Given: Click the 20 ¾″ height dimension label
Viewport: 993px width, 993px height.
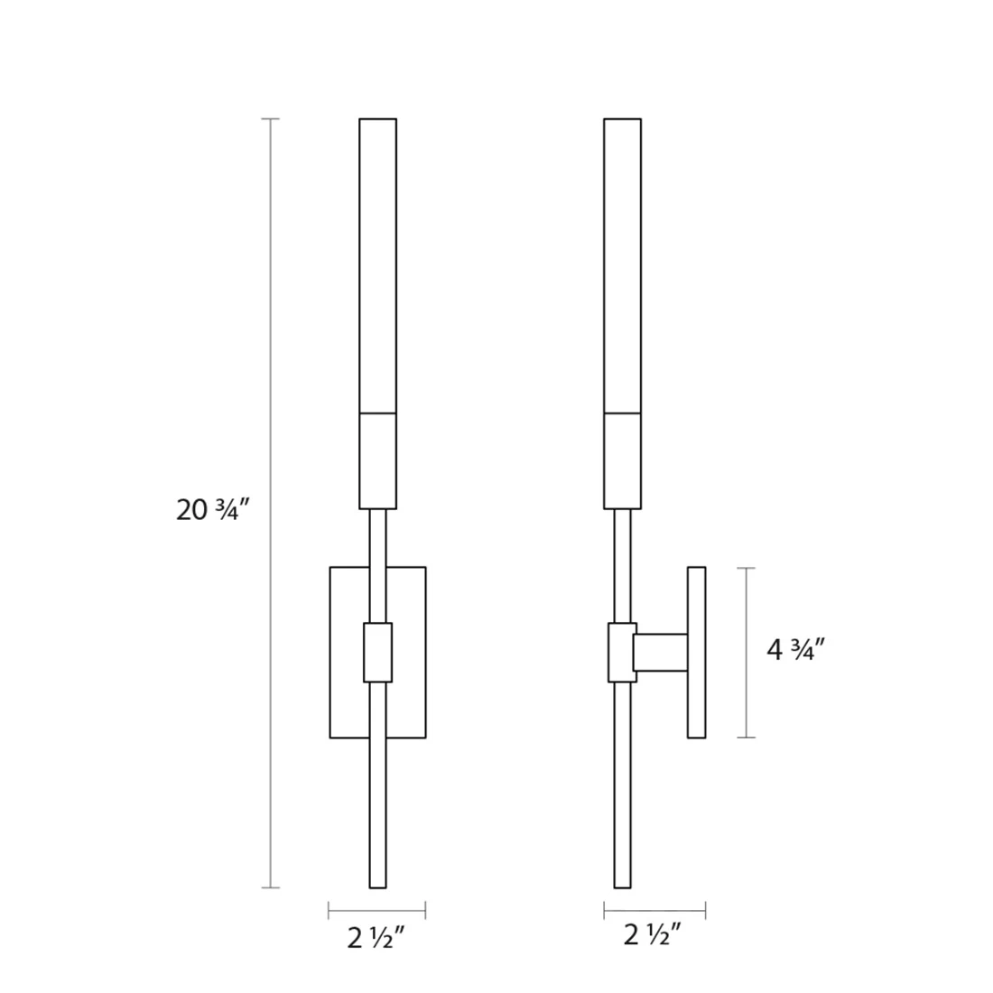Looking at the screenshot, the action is (213, 510).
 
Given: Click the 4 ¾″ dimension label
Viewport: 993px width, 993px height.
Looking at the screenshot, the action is (796, 650).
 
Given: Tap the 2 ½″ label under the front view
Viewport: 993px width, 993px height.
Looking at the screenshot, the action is (376, 937).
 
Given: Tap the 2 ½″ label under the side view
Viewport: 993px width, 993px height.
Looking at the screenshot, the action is (653, 934).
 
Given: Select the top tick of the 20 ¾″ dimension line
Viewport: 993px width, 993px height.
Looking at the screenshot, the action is (271, 118).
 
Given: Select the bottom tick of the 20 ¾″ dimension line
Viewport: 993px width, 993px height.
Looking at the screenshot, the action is (271, 887).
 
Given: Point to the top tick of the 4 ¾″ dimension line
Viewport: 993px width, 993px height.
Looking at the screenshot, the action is (746, 568).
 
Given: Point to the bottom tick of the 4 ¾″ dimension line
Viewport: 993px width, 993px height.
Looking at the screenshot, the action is (746, 738).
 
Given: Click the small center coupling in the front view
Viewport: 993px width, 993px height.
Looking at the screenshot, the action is (377, 653).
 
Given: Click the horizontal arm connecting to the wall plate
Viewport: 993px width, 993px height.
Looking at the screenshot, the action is (661, 653).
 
